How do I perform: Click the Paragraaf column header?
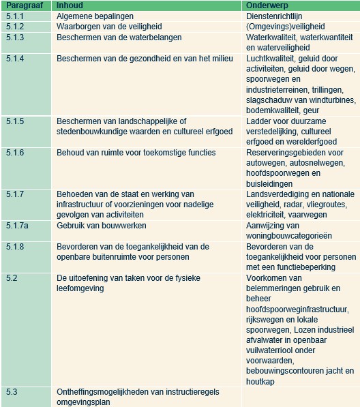(x=22, y=5)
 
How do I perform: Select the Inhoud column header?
(x=69, y=5)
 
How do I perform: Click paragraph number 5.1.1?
(x=15, y=16)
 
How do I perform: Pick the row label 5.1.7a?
(x=17, y=226)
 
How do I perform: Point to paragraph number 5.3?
(x=12, y=392)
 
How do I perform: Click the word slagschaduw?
(x=272, y=100)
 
